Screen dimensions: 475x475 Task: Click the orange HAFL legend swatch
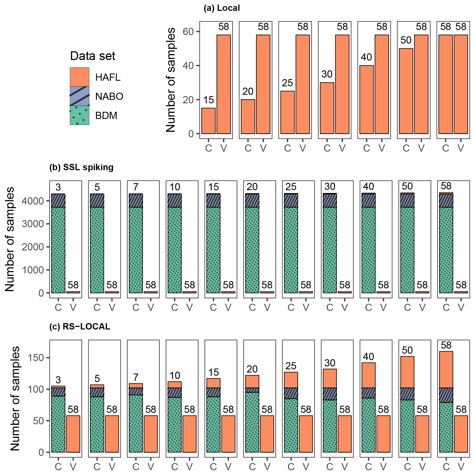79,77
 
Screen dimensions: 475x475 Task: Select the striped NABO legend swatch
79,96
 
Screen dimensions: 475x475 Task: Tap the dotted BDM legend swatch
79,115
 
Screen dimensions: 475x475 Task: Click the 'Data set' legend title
93,56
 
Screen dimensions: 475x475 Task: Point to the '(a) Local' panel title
221,8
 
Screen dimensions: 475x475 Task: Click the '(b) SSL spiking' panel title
81,167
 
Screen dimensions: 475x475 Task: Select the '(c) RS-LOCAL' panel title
80,326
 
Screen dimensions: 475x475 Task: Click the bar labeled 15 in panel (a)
208,121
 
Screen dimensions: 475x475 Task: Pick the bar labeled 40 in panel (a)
367,100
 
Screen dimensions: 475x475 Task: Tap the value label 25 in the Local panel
287,83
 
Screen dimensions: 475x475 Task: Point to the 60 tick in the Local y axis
188,32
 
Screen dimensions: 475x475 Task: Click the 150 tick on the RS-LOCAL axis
36,358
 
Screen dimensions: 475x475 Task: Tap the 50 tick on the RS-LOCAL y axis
38,421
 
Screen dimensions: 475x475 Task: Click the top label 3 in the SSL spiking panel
58,187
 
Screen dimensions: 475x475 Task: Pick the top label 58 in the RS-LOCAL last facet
446,345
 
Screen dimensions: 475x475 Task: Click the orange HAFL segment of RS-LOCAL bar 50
407,372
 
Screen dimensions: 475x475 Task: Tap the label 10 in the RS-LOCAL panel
175,375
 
